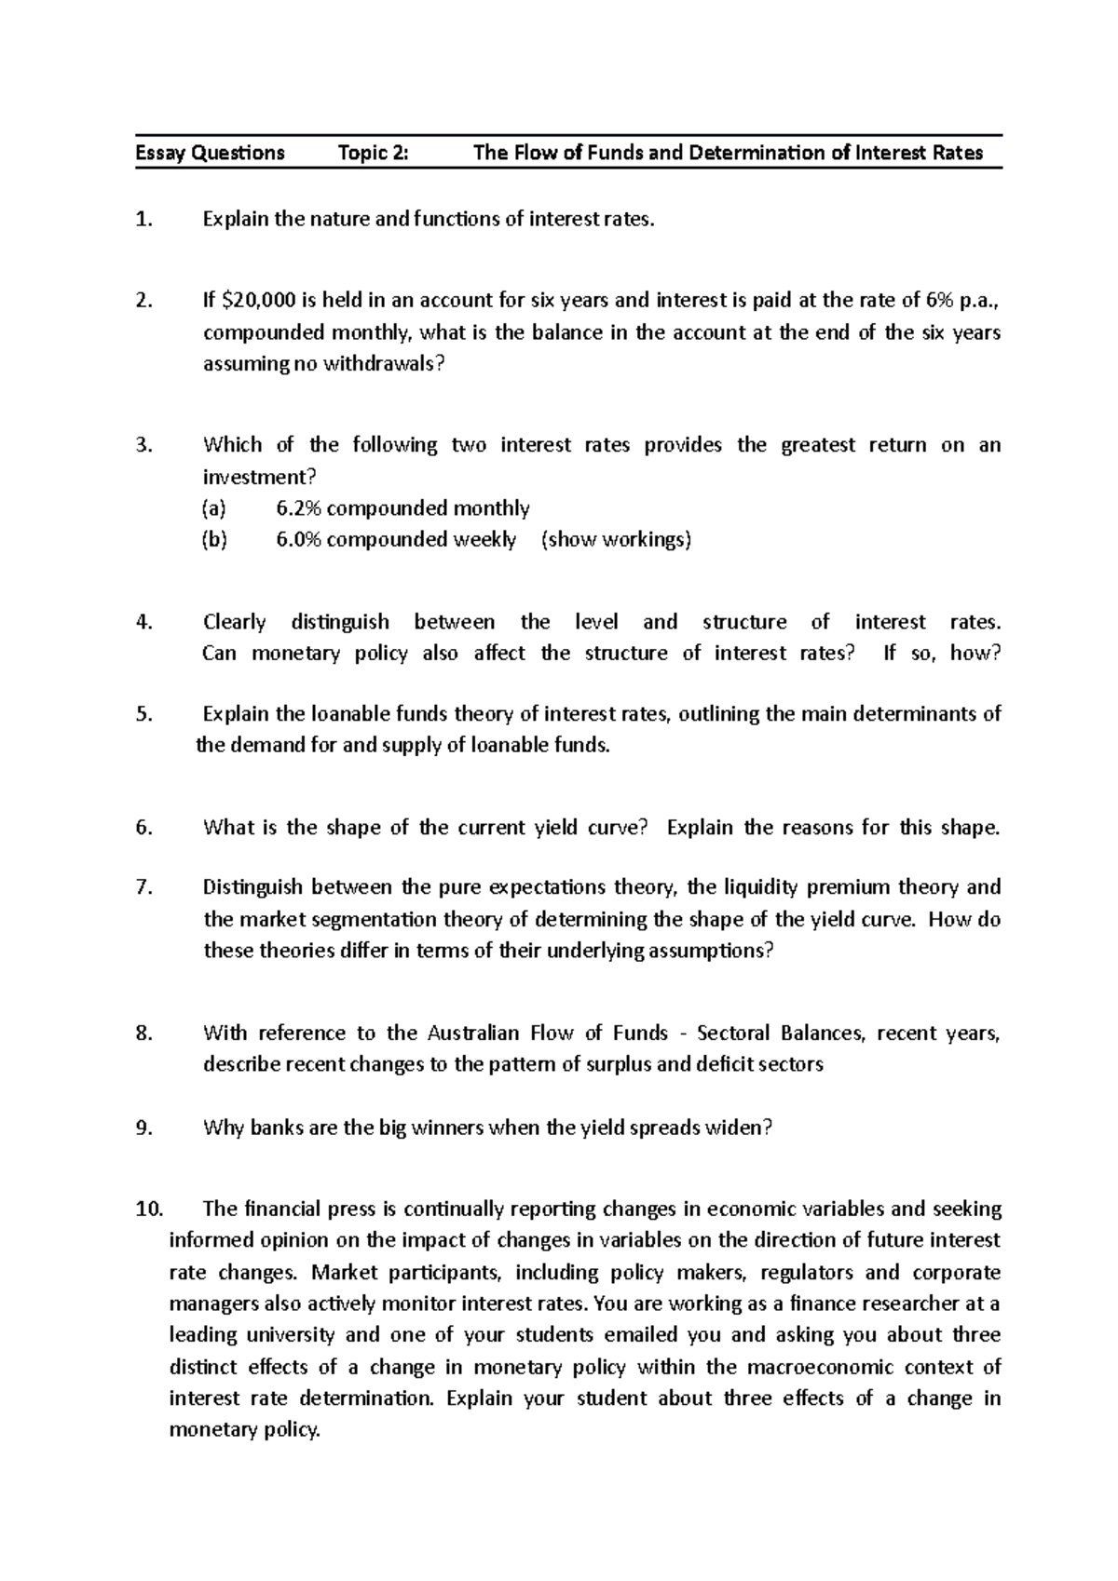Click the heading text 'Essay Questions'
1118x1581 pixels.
tap(210, 153)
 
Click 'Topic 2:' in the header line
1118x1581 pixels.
tap(373, 153)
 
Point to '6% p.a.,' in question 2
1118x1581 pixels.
tap(963, 301)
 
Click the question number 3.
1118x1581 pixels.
tap(143, 445)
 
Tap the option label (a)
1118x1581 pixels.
tap(213, 508)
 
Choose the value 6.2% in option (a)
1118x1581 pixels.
tap(298, 508)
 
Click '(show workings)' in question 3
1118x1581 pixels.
tap(616, 540)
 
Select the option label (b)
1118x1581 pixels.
tap(213, 540)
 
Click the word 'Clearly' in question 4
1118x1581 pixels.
tap(234, 622)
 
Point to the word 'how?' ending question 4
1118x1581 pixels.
tap(975, 654)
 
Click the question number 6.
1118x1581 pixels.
tap(143, 829)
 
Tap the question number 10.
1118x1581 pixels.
tap(148, 1209)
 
